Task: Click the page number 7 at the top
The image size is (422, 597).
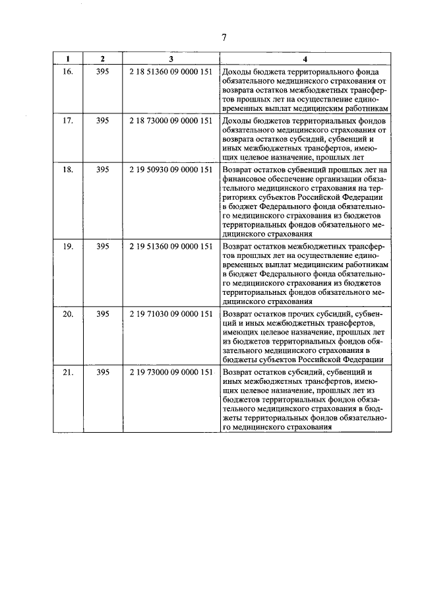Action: tap(224, 38)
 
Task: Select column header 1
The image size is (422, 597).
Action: tap(68, 59)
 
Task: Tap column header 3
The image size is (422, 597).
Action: tap(171, 59)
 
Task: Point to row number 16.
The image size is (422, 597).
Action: tap(68, 70)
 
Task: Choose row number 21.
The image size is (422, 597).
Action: tap(68, 373)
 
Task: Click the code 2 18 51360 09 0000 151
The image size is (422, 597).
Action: tap(171, 70)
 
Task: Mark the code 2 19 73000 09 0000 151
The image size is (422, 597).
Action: tap(171, 373)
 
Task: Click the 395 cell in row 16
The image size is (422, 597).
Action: tap(102, 70)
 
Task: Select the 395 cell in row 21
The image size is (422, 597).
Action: tap(102, 373)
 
